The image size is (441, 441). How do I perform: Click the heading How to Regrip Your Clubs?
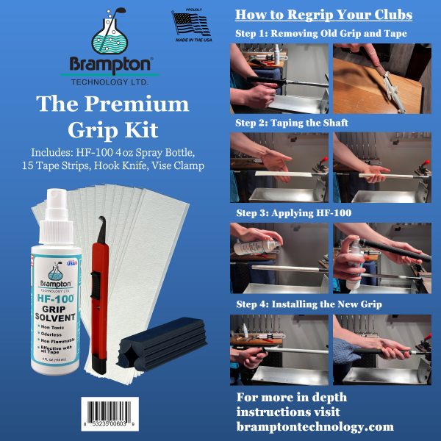323,15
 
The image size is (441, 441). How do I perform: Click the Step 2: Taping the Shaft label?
292,123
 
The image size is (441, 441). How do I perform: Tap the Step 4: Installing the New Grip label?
308,303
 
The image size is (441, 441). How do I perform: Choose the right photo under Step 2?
379,166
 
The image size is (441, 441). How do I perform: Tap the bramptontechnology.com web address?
315,426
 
